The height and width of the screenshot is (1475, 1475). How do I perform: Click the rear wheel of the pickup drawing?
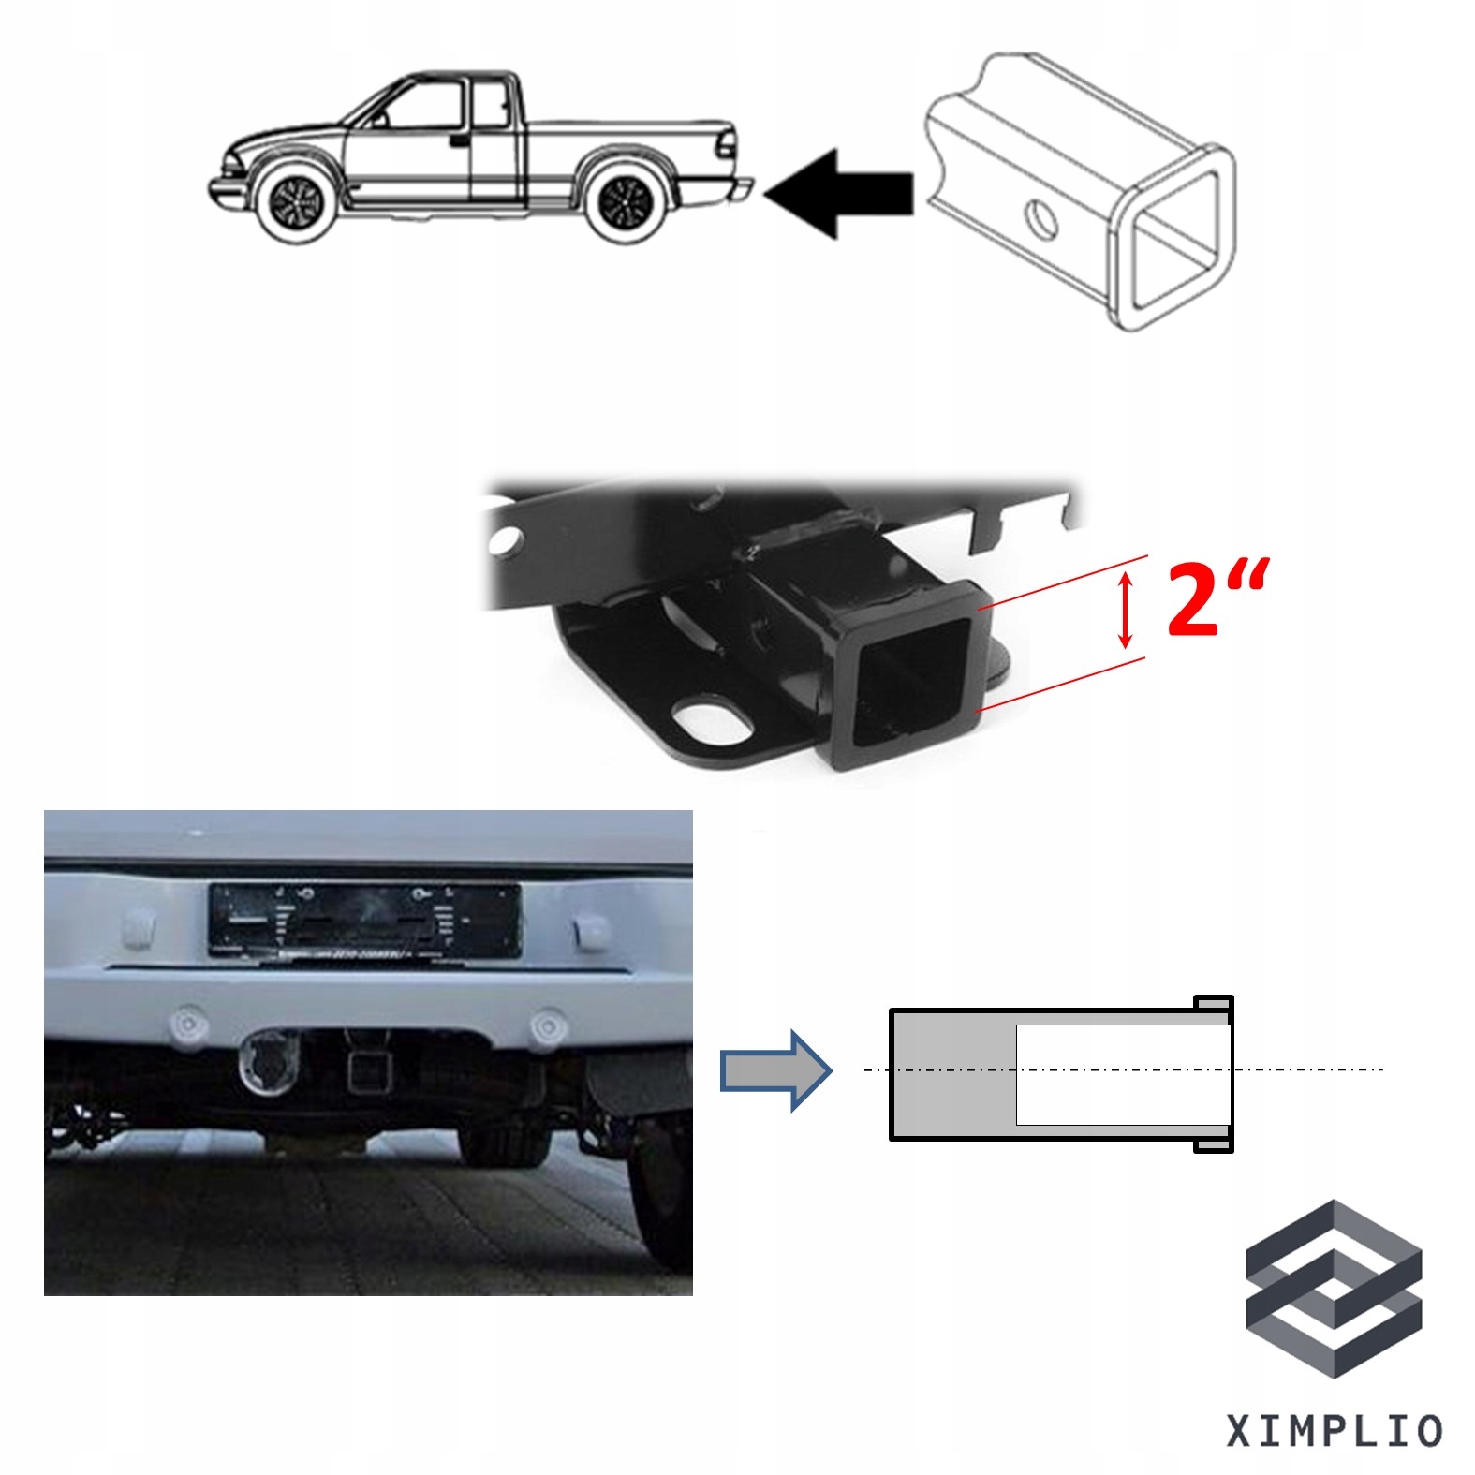pyautogui.click(x=626, y=202)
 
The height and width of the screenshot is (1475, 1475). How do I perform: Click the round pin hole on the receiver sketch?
pyautogui.click(x=1040, y=220)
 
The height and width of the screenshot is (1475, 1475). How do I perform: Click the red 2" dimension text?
pyautogui.click(x=1216, y=598)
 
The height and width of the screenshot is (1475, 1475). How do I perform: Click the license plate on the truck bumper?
pyautogui.click(x=364, y=922)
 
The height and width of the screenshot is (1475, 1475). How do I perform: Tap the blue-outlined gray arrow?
pyautogui.click(x=775, y=1070)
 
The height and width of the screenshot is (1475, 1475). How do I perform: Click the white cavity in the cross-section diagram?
pyautogui.click(x=1122, y=1075)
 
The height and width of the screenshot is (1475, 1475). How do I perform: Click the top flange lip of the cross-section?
pyautogui.click(x=1214, y=1004)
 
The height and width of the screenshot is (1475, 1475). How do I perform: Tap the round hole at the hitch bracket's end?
pyautogui.click(x=507, y=539)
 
